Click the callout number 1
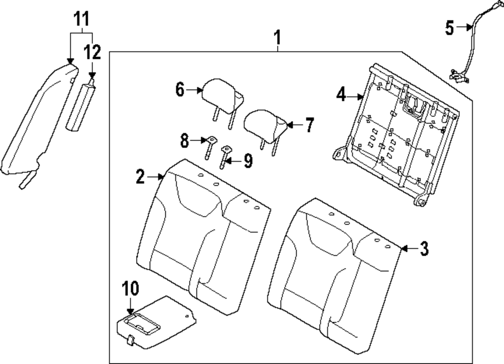point(277,37)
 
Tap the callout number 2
point(140,176)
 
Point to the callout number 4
point(342,94)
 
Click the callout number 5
point(450,28)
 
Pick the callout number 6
point(180,90)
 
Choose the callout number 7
point(309,124)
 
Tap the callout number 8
point(184,140)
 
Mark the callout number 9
point(247,161)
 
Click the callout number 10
point(130,288)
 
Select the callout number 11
point(81,20)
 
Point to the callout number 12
point(92,52)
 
